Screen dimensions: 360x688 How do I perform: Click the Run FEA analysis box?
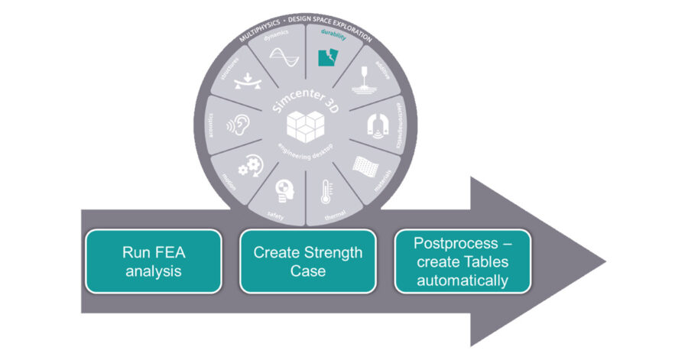click(x=154, y=261)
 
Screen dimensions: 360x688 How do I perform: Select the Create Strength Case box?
click(x=308, y=261)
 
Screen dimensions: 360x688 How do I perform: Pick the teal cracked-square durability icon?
click(x=329, y=58)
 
